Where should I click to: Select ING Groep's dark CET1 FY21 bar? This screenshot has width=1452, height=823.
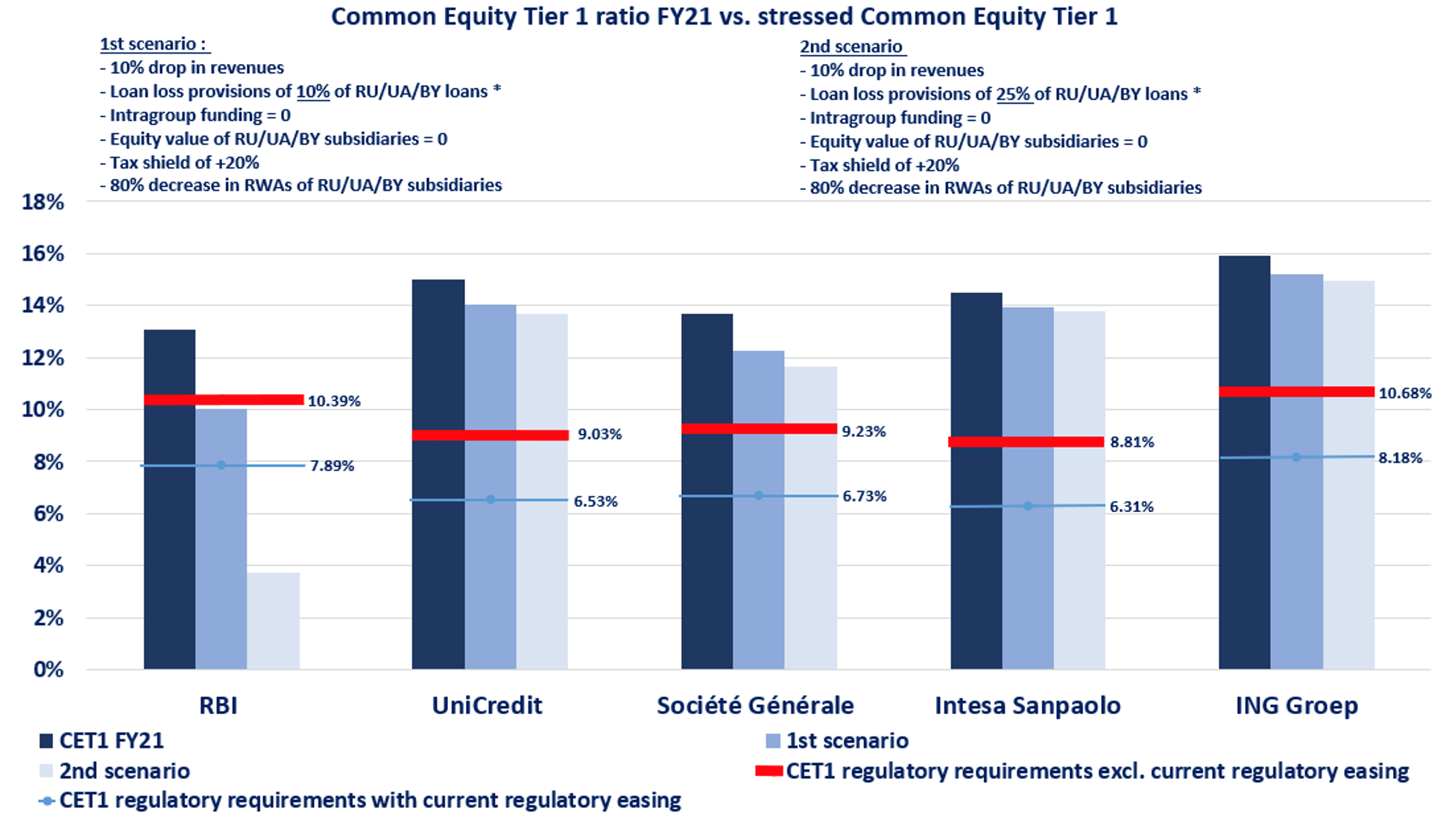1244,462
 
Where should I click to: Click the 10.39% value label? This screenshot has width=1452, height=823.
334,401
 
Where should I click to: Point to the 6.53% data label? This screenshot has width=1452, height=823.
596,502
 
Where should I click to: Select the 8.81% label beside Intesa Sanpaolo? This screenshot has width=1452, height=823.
1131,442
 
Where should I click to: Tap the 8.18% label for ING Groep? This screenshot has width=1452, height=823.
1400,458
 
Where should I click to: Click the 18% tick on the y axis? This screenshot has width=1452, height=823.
42,202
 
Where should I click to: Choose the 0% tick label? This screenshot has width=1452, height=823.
48,669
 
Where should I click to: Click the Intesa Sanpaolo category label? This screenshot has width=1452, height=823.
1027,705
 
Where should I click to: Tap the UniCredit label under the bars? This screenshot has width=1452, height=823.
487,705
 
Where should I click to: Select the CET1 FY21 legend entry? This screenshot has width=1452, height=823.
111,740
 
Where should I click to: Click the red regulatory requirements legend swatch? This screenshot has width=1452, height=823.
768,771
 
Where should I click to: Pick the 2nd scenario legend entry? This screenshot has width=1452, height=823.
124,771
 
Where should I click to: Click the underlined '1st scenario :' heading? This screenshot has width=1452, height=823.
154,44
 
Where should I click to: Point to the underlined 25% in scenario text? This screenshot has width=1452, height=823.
1014,94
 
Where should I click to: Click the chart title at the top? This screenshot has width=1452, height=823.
725,16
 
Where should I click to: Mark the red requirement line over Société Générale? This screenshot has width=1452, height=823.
759,429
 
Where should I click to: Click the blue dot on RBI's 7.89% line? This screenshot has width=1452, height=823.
221,465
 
